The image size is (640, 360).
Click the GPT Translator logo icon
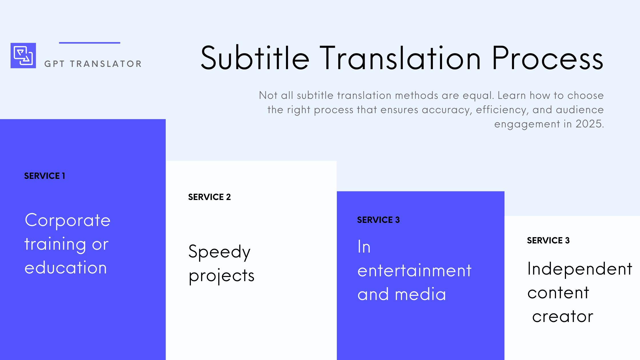pyautogui.click(x=23, y=55)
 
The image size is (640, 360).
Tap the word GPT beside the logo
pyautogui.click(x=55, y=64)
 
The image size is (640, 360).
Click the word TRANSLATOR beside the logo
pyautogui.click(x=106, y=64)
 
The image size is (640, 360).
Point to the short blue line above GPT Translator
pyautogui.click(x=89, y=43)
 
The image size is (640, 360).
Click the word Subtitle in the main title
pyautogui.click(x=255, y=58)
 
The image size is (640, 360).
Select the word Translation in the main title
pyautogui.click(x=400, y=58)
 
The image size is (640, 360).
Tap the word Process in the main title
pyautogui.click(x=547, y=58)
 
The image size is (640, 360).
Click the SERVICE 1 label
pyautogui.click(x=45, y=176)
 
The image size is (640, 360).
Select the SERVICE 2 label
pyautogui.click(x=209, y=197)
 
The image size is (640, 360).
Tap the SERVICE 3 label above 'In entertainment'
pyautogui.click(x=378, y=220)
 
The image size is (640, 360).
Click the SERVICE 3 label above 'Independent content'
pyautogui.click(x=548, y=240)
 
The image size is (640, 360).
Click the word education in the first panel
pyautogui.click(x=66, y=268)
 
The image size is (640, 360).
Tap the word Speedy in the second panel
pyautogui.click(x=219, y=252)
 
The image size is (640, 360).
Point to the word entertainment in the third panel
pyautogui.click(x=414, y=271)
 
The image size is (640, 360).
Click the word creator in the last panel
pyautogui.click(x=563, y=317)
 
